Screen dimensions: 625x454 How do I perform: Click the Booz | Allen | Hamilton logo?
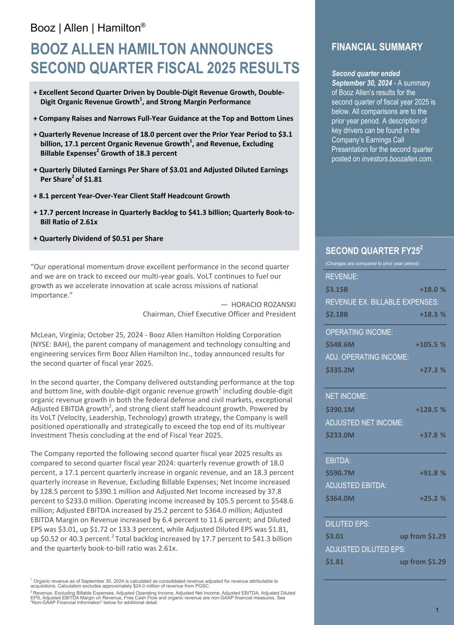pos(88,28)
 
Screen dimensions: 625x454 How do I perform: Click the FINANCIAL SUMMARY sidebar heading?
pos(377,47)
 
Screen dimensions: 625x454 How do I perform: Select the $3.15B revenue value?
pos(336,289)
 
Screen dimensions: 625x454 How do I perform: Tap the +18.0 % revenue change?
pos(432,289)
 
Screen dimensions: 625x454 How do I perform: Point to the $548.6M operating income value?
pos(340,344)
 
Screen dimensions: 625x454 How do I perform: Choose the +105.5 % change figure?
pos(430,344)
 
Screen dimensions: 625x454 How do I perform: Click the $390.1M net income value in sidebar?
pos(340,409)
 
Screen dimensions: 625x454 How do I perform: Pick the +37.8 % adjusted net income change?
pos(432,435)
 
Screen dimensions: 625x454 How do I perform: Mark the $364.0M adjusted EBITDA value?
pos(340,498)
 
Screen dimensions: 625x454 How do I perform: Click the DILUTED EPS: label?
pos(347,524)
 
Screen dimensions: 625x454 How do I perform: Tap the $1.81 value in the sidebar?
pos(334,561)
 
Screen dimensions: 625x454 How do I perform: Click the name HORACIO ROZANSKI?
pos(263,304)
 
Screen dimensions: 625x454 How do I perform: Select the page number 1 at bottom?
pos(437,610)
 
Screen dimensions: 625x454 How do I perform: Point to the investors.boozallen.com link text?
pos(397,159)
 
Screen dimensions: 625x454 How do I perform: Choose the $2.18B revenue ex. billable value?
pos(336,314)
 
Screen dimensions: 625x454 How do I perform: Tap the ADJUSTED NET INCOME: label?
pos(364,423)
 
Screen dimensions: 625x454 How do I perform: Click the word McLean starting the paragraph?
pos(43,335)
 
